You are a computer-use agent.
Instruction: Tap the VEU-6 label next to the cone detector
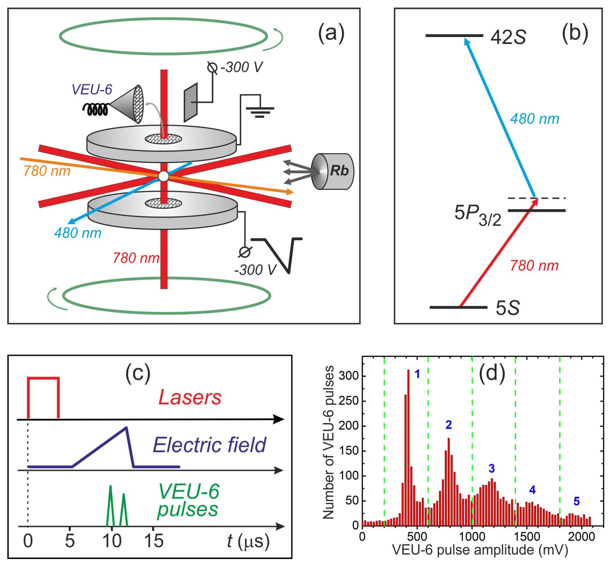point(92,90)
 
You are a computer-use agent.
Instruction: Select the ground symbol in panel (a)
point(260,112)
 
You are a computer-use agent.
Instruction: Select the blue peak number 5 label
point(576,501)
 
